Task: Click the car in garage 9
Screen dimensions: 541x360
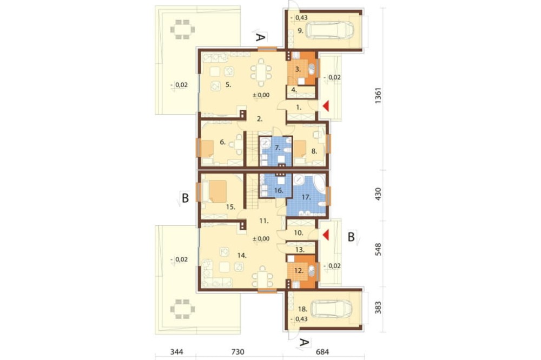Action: (x=330, y=30)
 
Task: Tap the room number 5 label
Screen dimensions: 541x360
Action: (x=228, y=84)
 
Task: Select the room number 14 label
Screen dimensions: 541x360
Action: (x=241, y=256)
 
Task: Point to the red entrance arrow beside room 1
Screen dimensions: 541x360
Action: (x=325, y=106)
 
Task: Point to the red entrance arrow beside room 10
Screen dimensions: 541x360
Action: (x=325, y=235)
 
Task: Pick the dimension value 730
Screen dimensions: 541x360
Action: (x=237, y=352)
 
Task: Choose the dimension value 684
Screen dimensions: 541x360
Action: (x=322, y=352)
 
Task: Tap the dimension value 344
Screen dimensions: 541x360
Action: (x=177, y=352)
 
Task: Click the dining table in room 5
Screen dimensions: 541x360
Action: (x=261, y=73)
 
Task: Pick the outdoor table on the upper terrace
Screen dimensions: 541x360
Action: (x=182, y=29)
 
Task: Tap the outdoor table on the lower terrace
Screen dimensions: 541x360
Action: (x=182, y=309)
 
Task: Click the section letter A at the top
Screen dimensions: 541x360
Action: (x=261, y=37)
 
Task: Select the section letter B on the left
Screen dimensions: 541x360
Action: (x=185, y=198)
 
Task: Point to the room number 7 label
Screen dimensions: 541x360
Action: (x=278, y=148)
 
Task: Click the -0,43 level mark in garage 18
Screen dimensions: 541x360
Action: (x=299, y=319)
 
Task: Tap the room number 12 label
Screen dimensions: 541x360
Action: (x=299, y=271)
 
